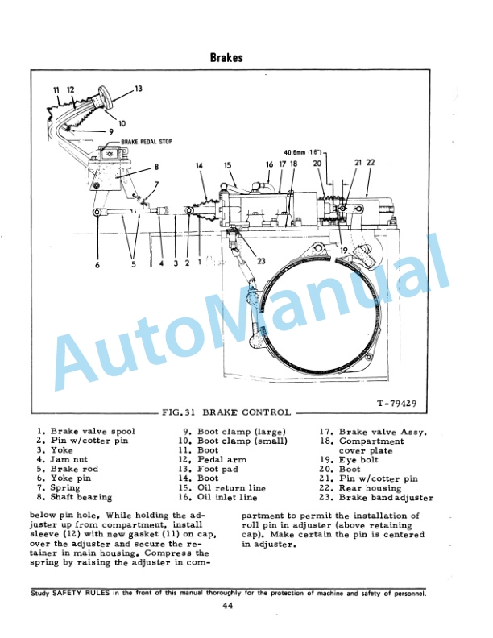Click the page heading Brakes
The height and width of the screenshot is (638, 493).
click(x=226, y=58)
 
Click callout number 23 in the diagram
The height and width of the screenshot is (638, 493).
click(x=261, y=260)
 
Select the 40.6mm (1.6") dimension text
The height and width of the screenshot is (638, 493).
click(x=303, y=151)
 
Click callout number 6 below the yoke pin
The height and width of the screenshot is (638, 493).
click(x=97, y=265)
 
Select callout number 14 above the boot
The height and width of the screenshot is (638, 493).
click(x=199, y=165)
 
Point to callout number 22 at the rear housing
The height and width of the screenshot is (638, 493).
click(x=371, y=162)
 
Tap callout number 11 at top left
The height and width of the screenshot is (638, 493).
click(x=56, y=89)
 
